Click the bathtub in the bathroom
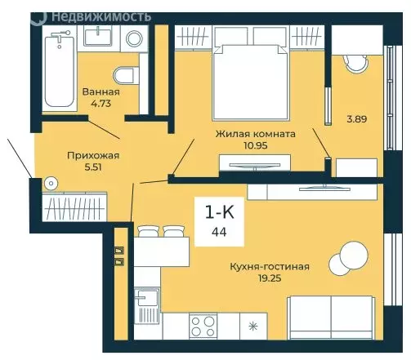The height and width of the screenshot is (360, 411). point(60,71)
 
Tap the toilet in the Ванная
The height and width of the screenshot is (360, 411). point(126,75)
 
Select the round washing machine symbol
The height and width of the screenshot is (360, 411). point(134,38)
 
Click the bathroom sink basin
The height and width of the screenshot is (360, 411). point(98,38)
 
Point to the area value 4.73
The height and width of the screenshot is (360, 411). point(101,104)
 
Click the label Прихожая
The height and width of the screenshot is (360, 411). point(93,156)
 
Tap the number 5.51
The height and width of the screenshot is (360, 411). point(93,167)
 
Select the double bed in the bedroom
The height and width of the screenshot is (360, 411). point(251,82)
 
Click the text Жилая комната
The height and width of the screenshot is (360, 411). point(256,134)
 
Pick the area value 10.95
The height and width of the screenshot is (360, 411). point(256,145)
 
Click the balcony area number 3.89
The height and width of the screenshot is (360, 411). point(357,119)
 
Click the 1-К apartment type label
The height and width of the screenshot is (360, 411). point(219,212)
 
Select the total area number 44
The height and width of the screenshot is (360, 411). point(219,232)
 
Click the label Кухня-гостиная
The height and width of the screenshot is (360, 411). point(270,266)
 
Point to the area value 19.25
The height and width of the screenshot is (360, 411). point(270,278)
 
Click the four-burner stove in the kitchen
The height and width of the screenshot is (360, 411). point(203,326)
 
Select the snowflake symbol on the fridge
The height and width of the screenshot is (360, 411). point(253,326)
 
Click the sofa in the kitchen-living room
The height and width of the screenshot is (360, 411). point(331,318)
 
